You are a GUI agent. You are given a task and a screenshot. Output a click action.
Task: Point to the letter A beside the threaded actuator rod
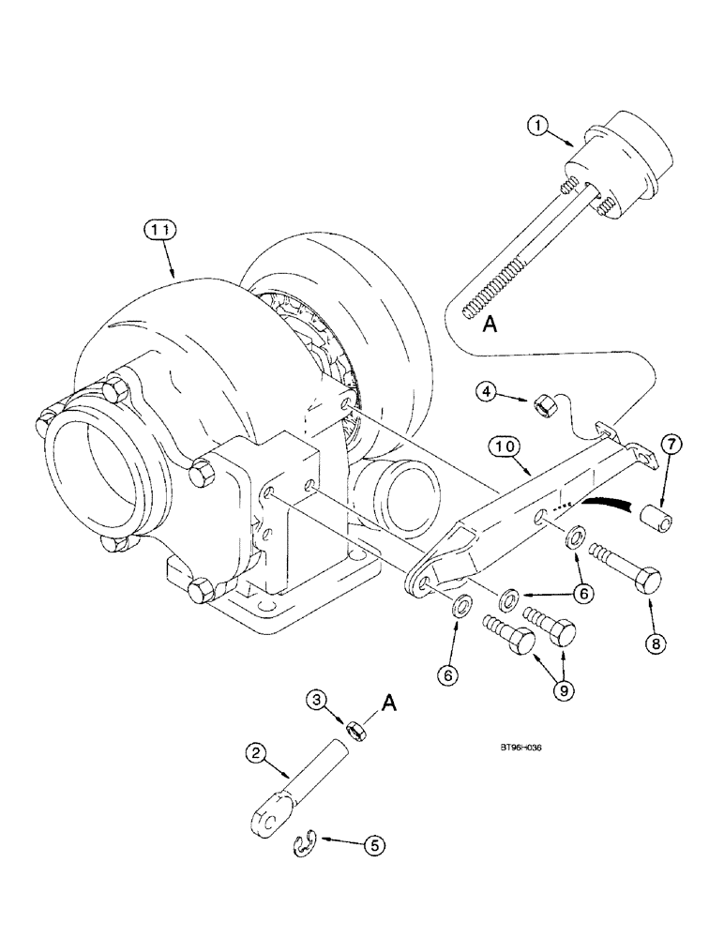(x=489, y=325)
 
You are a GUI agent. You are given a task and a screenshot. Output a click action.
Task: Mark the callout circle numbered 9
(x=565, y=689)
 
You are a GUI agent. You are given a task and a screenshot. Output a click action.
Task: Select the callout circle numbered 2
(x=251, y=751)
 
